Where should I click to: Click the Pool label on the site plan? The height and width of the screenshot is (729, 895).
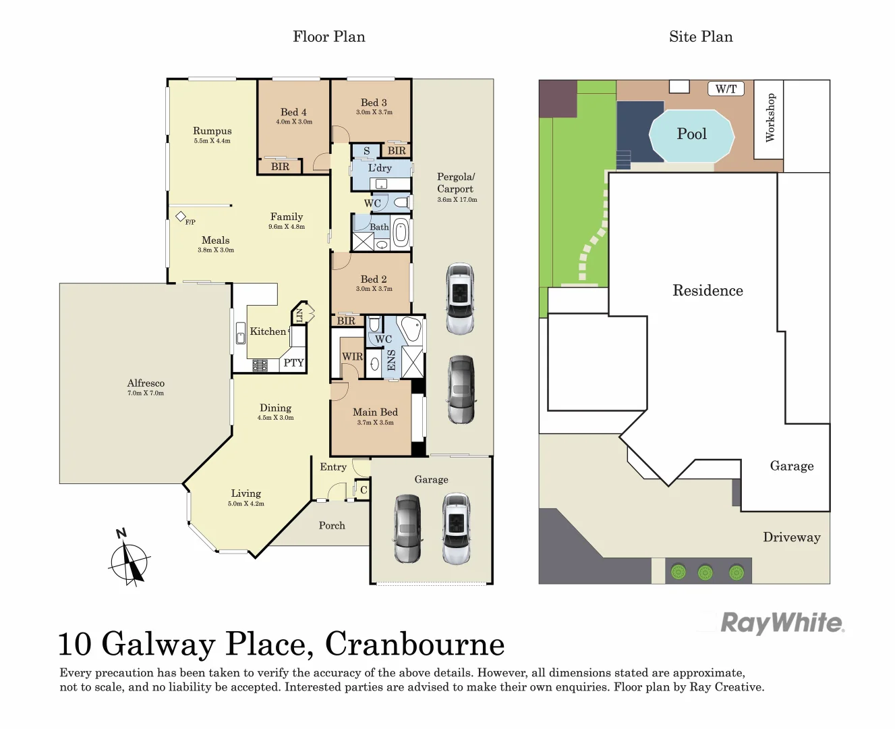(691, 134)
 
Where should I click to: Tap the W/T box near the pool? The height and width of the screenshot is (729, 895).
(726, 88)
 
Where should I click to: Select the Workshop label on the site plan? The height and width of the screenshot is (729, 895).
(770, 117)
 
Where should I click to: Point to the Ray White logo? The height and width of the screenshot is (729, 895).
(782, 622)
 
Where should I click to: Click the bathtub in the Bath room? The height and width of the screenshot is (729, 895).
(401, 232)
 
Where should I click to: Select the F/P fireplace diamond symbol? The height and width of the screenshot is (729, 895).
(181, 217)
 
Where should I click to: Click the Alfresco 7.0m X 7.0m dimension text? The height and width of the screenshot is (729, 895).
(146, 393)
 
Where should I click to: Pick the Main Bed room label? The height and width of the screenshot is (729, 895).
(375, 412)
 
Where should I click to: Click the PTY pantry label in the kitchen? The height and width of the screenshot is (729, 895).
(293, 362)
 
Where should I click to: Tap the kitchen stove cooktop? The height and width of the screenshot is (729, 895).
(260, 365)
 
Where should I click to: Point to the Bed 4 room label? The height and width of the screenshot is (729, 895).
(293, 112)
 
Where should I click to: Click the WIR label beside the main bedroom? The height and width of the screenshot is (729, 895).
(352, 356)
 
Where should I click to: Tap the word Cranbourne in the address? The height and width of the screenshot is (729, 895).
(415, 644)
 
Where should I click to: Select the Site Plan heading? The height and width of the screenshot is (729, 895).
(700, 36)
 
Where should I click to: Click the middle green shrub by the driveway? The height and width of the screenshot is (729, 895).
(705, 572)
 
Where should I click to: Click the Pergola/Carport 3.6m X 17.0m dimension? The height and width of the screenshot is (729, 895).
(457, 200)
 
